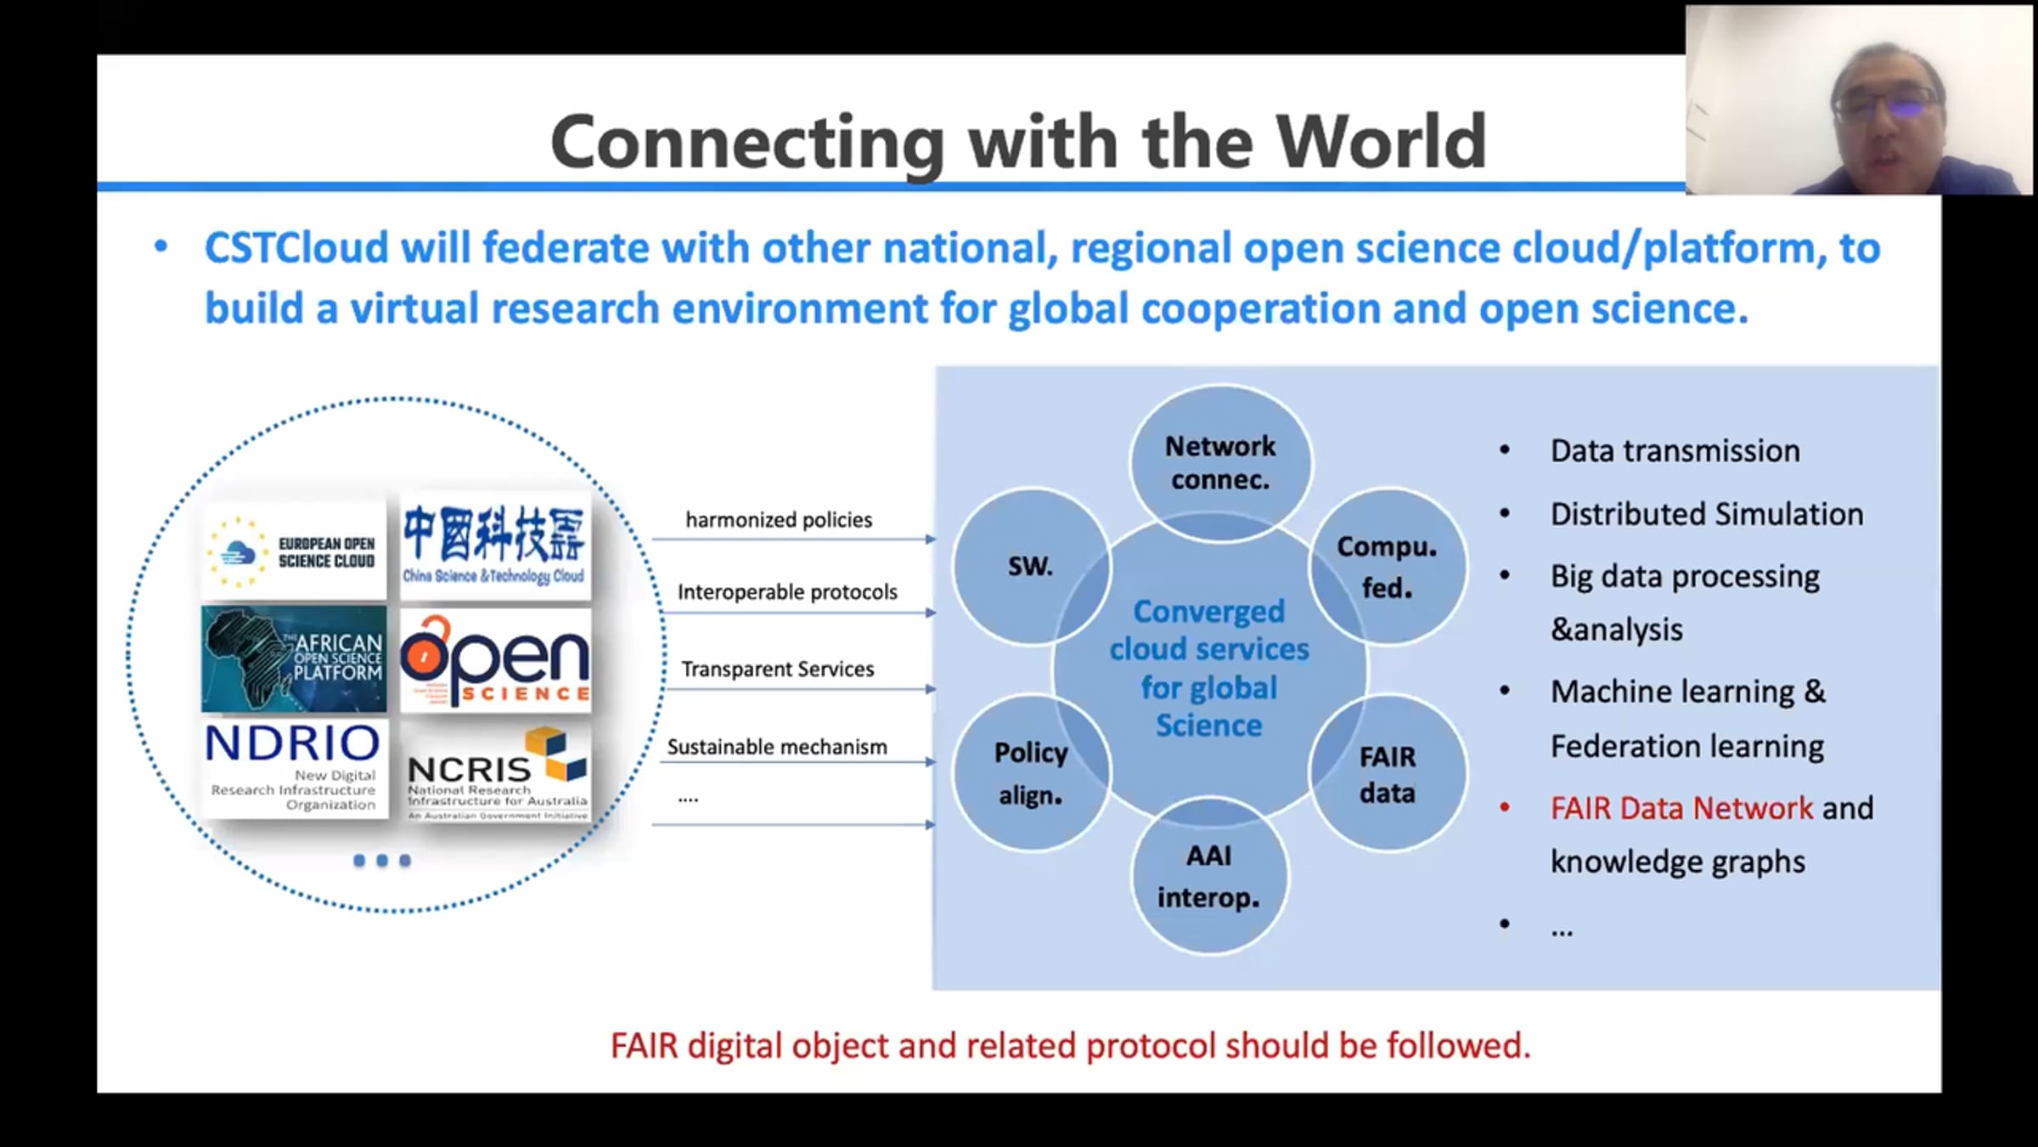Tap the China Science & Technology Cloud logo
click(494, 545)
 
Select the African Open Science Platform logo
click(294, 659)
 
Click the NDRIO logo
click(294, 767)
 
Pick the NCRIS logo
click(496, 771)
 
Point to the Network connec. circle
click(1220, 463)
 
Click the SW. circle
click(1030, 566)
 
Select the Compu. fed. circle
click(1387, 567)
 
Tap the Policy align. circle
click(1030, 773)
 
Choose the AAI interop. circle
click(1208, 876)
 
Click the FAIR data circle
click(1387, 774)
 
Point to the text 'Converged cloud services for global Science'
click(1209, 669)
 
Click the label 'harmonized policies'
click(779, 520)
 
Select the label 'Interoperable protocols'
click(787, 592)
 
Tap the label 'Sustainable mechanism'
click(777, 747)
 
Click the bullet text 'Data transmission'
click(1675, 451)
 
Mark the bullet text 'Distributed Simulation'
click(1707, 514)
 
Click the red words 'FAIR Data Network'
click(1681, 808)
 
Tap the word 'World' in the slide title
click(1381, 142)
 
